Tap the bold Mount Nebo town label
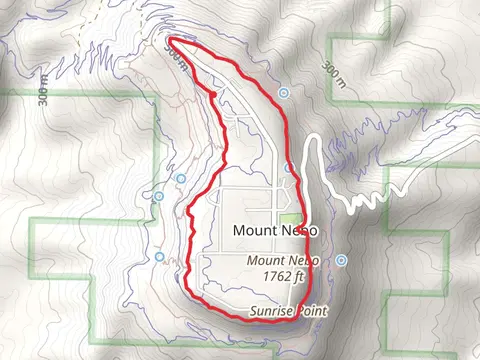pos(269,230)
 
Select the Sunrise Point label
pos(287,312)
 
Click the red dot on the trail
pos(213,95)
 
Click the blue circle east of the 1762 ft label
pos(342,260)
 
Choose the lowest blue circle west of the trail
pos(159,257)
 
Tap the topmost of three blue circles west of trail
pos(181,179)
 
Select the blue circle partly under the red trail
pos(288,167)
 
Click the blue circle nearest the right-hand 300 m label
pos(285,92)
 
